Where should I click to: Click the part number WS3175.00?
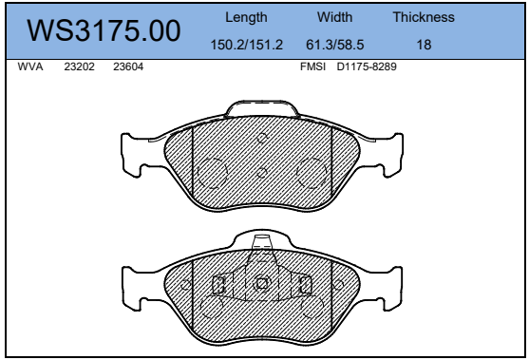coord(104,30)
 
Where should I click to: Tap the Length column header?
coord(246,17)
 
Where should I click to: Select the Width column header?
coord(334,17)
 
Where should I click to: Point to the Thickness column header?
coord(424,17)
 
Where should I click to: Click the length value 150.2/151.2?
coord(246,45)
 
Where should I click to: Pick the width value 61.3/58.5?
coord(334,45)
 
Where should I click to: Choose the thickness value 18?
coord(424,45)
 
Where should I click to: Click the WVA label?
coord(30,66)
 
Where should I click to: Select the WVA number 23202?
coord(79,66)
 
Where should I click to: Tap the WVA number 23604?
coord(128,66)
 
